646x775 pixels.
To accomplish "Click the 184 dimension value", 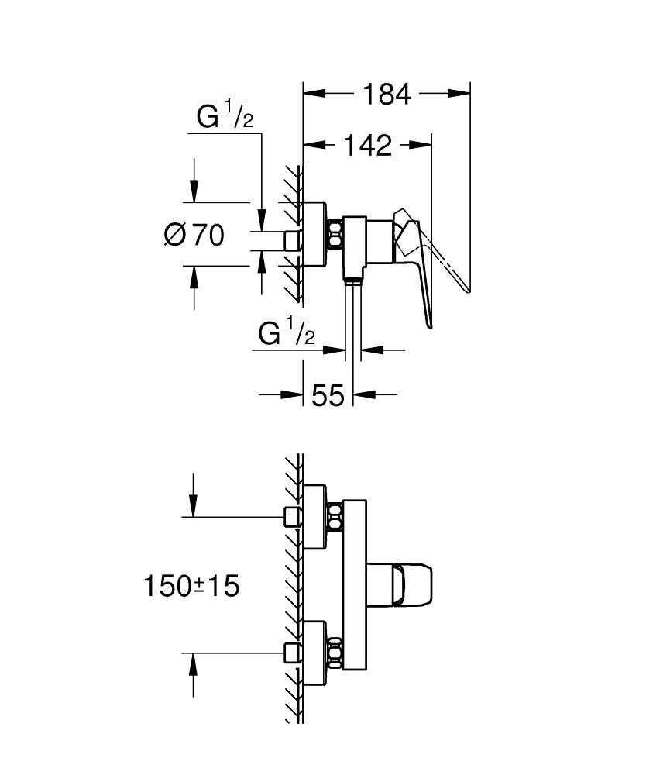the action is [387, 94].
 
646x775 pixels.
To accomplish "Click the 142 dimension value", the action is [367, 146].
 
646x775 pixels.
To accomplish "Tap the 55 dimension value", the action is [328, 395].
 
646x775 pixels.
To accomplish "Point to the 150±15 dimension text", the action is [191, 586].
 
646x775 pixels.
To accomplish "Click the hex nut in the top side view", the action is [335, 234].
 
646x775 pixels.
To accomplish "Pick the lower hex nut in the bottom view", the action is [335, 653].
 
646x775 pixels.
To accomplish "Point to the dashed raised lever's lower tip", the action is [467, 290].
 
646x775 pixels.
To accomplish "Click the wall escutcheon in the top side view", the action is [314, 234].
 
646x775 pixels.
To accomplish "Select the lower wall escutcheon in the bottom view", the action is [314, 653].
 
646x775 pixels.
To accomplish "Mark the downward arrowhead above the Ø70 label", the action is [194, 191].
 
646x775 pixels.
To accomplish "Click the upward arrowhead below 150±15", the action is [193, 665].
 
